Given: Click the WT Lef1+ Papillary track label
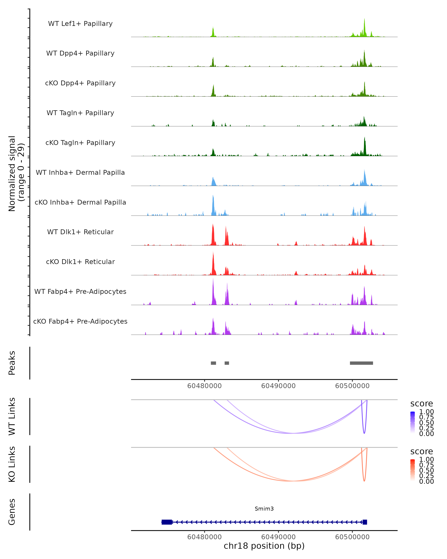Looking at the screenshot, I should [80, 24].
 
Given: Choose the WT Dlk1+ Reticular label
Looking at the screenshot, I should [80, 232].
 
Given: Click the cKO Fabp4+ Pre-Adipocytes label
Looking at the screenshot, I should [80, 321].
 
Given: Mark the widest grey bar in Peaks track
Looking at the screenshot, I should [361, 363].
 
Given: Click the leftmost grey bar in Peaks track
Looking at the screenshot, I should [213, 363].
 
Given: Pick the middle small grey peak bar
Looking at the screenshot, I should [227, 363].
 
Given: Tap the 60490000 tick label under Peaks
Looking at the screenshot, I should [278, 386].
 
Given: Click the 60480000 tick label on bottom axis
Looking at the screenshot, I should [205, 537].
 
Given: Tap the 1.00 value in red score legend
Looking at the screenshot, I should [426, 459].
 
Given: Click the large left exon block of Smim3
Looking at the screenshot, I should [167, 522].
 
